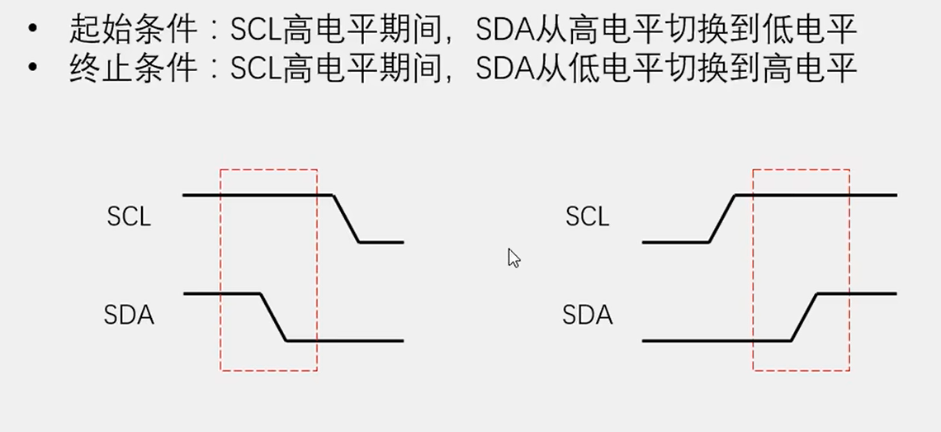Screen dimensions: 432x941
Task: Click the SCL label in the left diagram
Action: click(129, 216)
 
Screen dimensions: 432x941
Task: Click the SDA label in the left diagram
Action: click(129, 315)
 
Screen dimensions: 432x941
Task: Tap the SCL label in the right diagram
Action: click(587, 216)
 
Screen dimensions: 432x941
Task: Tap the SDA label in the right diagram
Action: click(587, 315)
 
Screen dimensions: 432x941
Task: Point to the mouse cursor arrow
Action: click(513, 258)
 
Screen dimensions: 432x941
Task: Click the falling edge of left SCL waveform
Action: click(346, 219)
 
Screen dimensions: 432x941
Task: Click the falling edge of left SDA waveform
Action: click(273, 316)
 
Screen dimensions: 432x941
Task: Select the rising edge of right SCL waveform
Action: click(722, 219)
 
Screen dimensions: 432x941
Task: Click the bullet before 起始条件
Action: click(32, 30)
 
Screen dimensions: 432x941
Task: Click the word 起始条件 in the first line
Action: click(134, 30)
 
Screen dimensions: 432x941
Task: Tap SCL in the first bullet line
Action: click(255, 30)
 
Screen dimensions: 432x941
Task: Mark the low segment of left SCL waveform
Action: click(381, 242)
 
